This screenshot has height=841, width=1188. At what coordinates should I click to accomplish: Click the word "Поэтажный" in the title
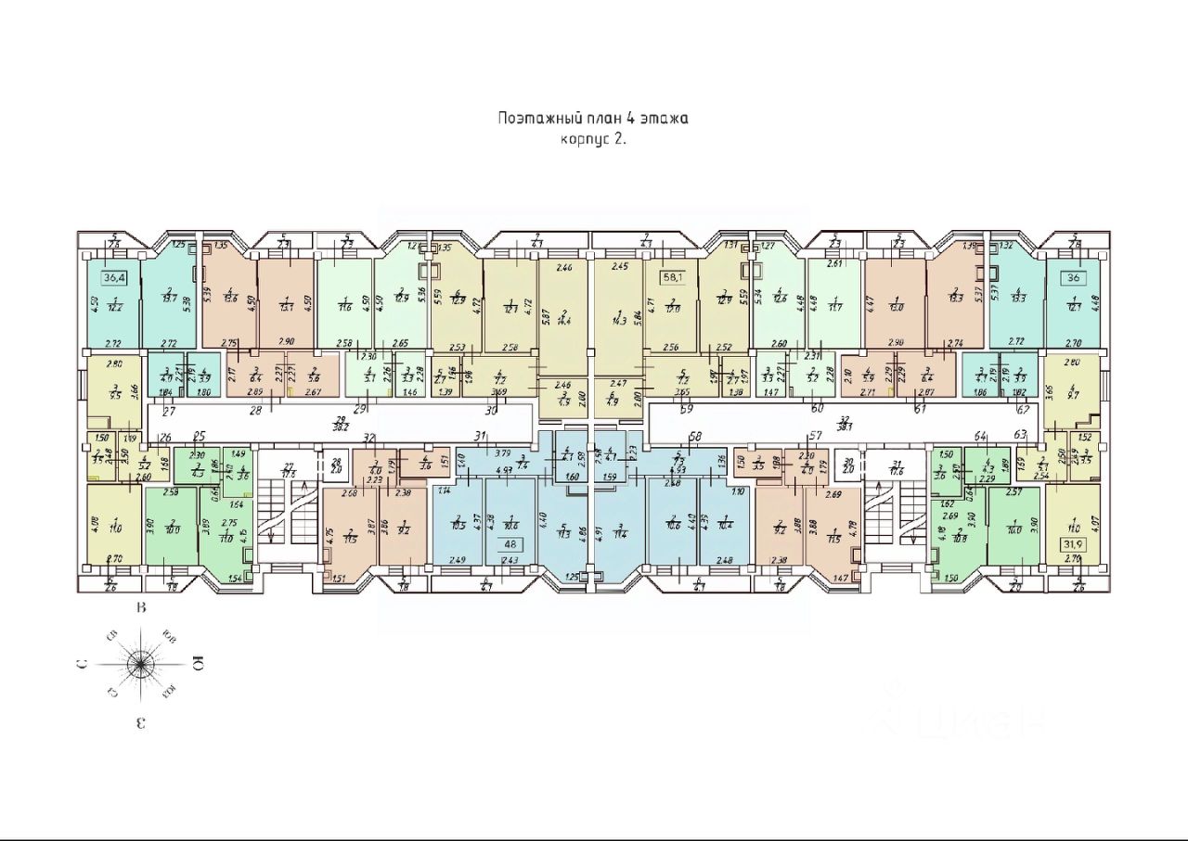534,119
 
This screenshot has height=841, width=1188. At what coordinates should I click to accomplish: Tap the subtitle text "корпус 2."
594,139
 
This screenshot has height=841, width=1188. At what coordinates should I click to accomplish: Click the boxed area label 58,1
670,276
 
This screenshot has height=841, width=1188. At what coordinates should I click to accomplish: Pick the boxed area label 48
509,545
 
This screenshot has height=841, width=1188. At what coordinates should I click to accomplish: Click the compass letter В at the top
141,609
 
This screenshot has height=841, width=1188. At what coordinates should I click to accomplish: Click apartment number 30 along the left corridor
491,408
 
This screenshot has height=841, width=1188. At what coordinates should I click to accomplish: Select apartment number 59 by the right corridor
687,408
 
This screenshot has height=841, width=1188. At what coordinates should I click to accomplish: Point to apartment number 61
920,408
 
